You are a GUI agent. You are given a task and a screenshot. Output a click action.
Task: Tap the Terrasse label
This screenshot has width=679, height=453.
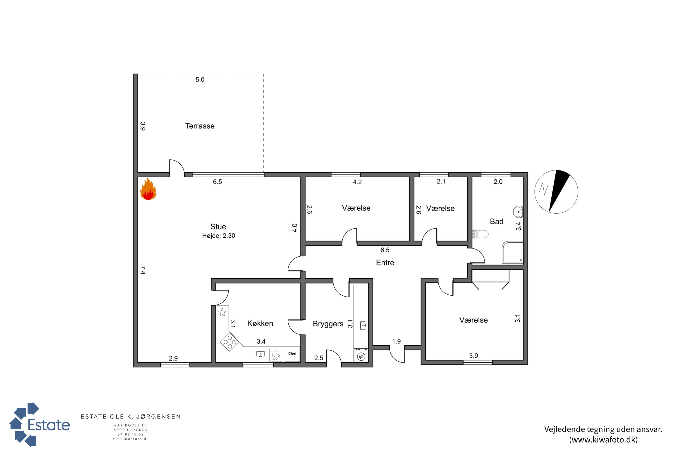click(x=200, y=126)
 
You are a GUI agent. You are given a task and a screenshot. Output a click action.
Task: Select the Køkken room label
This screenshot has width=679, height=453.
click(x=260, y=323)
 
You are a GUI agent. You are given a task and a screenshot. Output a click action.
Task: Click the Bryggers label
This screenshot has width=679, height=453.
click(x=328, y=324)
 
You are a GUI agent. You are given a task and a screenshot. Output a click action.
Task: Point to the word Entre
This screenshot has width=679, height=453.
click(x=385, y=263)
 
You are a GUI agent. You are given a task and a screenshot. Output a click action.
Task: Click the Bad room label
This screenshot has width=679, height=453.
click(x=497, y=222)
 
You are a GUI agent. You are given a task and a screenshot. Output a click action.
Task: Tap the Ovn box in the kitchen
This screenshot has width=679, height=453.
click(x=292, y=354)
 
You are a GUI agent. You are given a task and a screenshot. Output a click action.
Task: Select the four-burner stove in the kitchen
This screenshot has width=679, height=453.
click(x=230, y=342)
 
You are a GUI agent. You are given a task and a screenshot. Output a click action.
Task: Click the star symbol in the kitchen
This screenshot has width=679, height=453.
click(x=222, y=312)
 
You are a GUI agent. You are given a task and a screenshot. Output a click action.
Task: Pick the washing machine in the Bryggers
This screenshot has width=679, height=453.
click(x=361, y=356)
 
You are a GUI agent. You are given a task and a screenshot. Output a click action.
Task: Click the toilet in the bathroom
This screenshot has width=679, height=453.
click(x=480, y=234)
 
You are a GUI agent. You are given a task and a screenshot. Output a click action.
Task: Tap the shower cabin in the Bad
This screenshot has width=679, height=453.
click(x=513, y=252)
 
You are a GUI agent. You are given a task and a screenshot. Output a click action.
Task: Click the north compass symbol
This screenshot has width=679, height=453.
click(x=556, y=192)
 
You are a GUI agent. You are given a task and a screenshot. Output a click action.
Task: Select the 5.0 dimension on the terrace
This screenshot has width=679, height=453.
click(x=200, y=80)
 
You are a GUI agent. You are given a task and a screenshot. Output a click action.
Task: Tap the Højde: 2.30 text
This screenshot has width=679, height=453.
click(x=219, y=236)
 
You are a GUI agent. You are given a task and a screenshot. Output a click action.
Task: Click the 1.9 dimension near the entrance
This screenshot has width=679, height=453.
click(x=396, y=342)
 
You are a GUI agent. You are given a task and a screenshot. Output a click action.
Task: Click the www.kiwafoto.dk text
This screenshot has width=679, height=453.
click(x=603, y=440)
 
